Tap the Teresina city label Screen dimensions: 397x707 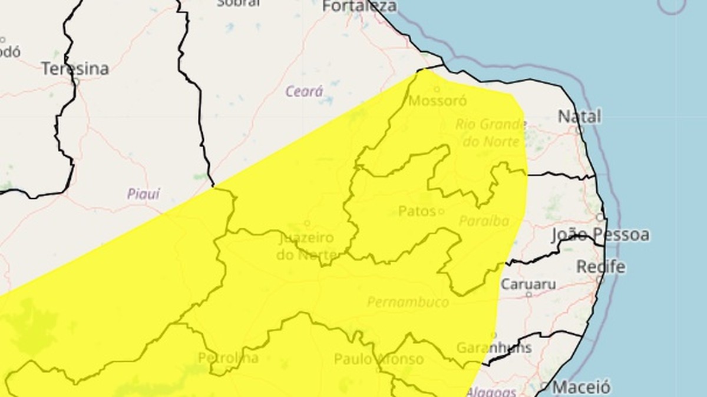[x=75, y=69]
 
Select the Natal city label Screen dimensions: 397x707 [x=579, y=116]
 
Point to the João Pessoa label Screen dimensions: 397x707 [x=600, y=235]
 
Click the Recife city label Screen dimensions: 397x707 [x=600, y=266]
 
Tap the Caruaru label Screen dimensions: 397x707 [x=528, y=284]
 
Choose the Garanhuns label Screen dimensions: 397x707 [x=494, y=347]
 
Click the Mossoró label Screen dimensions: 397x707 [x=438, y=101]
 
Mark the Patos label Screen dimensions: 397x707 [x=417, y=211]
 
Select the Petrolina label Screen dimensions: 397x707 [x=228, y=358]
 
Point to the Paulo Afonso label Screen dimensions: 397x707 [x=378, y=359]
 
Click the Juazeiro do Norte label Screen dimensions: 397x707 [x=306, y=246]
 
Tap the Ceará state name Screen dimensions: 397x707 [x=304, y=92]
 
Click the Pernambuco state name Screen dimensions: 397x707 [x=408, y=302]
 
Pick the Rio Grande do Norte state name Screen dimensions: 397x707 [x=490, y=133]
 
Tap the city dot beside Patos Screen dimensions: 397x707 [x=441, y=211]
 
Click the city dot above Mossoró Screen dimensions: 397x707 [x=437, y=89]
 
